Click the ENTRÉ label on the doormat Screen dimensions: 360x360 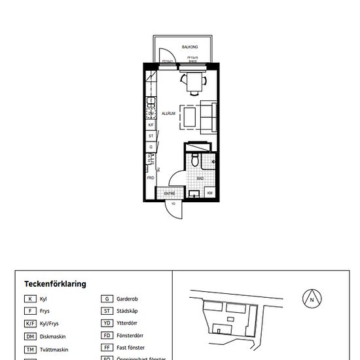pos(169,193)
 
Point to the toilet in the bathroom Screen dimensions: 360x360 pos(195,160)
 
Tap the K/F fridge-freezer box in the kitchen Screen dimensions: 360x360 pos(151,124)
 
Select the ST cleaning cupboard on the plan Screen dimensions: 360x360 pos(151,135)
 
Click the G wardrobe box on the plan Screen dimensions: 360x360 pos(151,147)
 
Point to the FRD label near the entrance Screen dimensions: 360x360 pos(151,177)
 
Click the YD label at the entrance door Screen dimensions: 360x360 pos(173,204)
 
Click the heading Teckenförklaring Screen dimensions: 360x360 pos(55,284)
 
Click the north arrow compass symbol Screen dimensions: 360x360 pos(312,299)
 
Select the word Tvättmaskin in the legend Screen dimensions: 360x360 pos(56,350)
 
